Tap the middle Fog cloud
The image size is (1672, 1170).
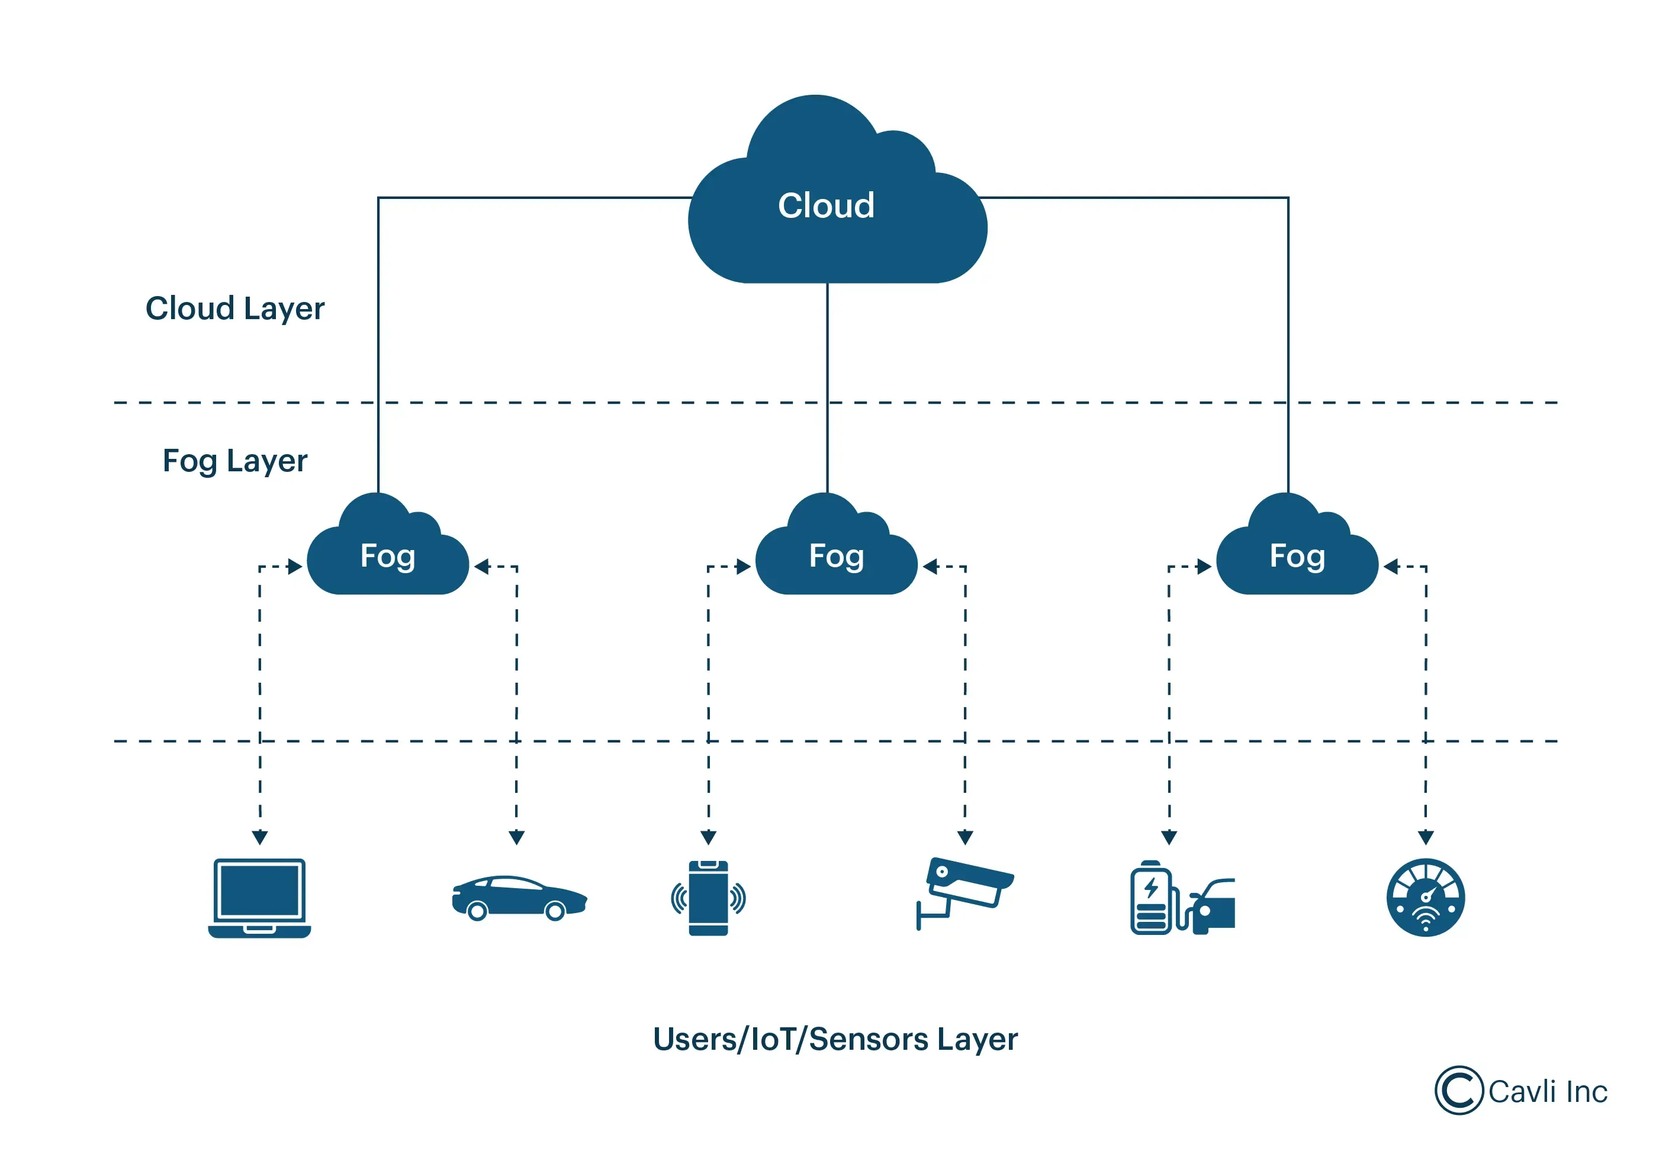836,557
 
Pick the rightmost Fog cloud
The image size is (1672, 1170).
1297,557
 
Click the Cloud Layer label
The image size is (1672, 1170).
234,308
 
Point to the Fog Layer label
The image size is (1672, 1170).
234,461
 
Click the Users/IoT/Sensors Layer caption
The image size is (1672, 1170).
835,1040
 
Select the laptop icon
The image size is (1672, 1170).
259,898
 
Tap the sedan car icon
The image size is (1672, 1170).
519,898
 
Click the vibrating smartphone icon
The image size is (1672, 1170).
708,898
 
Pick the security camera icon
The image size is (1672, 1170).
963,892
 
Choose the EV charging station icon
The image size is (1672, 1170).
1181,898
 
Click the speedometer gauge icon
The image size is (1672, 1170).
1425,898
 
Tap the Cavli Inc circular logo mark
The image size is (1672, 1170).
1459,1091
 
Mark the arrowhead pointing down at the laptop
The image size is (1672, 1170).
260,837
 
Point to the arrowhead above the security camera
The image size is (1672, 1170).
965,837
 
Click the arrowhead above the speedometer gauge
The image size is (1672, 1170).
1425,837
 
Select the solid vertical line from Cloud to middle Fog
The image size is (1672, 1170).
827,386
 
